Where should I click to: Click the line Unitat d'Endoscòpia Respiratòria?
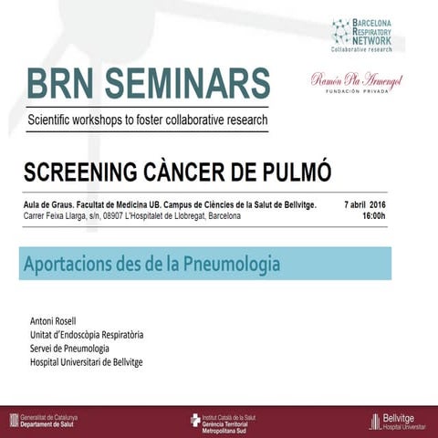pos(88,335)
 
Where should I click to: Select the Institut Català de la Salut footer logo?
pos(228,420)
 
